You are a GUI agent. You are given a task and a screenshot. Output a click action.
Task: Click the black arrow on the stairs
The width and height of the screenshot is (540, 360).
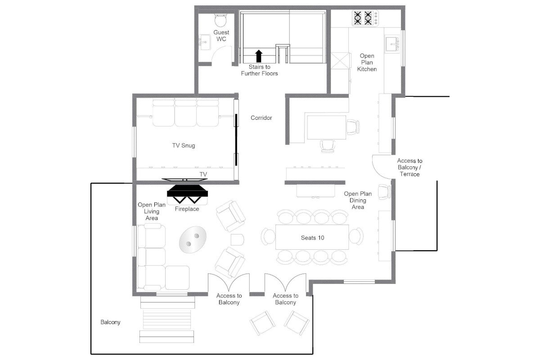click(258, 56)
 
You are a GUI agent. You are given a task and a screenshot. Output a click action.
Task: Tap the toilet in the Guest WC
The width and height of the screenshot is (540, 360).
click(220, 20)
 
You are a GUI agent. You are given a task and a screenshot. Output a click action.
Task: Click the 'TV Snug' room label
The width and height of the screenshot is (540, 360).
click(184, 145)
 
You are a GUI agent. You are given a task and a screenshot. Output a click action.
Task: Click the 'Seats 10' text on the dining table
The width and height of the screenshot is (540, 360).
click(312, 238)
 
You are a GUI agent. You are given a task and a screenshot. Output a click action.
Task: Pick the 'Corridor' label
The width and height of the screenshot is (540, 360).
click(261, 118)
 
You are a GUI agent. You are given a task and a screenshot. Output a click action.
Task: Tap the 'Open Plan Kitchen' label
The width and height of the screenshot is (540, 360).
click(367, 63)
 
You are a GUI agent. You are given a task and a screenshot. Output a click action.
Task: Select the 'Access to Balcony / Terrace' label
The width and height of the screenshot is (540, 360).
click(409, 167)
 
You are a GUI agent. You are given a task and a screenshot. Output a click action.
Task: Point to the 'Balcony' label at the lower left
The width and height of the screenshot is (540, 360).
click(110, 322)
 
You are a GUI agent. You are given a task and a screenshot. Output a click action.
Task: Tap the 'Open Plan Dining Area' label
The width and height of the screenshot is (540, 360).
click(358, 200)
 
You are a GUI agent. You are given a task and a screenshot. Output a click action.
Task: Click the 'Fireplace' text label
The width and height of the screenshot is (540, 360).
click(187, 209)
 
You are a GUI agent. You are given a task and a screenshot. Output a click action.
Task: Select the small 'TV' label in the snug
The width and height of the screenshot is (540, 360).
click(203, 174)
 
